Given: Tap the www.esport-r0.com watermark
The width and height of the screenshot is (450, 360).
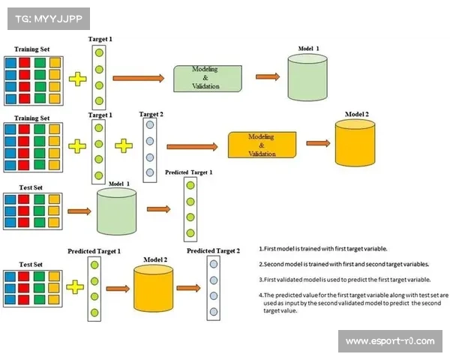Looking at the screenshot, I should (390, 341).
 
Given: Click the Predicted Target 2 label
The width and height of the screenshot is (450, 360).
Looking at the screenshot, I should (213, 250).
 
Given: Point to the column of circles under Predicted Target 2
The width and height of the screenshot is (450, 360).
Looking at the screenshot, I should (213, 288).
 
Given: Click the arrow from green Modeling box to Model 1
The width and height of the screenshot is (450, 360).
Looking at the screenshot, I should (266, 76).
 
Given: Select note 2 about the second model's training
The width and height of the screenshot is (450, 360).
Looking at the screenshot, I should (344, 265).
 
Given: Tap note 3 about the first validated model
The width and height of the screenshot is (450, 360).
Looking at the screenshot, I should (344, 279).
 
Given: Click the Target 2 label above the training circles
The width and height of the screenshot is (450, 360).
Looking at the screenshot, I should (151, 114).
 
